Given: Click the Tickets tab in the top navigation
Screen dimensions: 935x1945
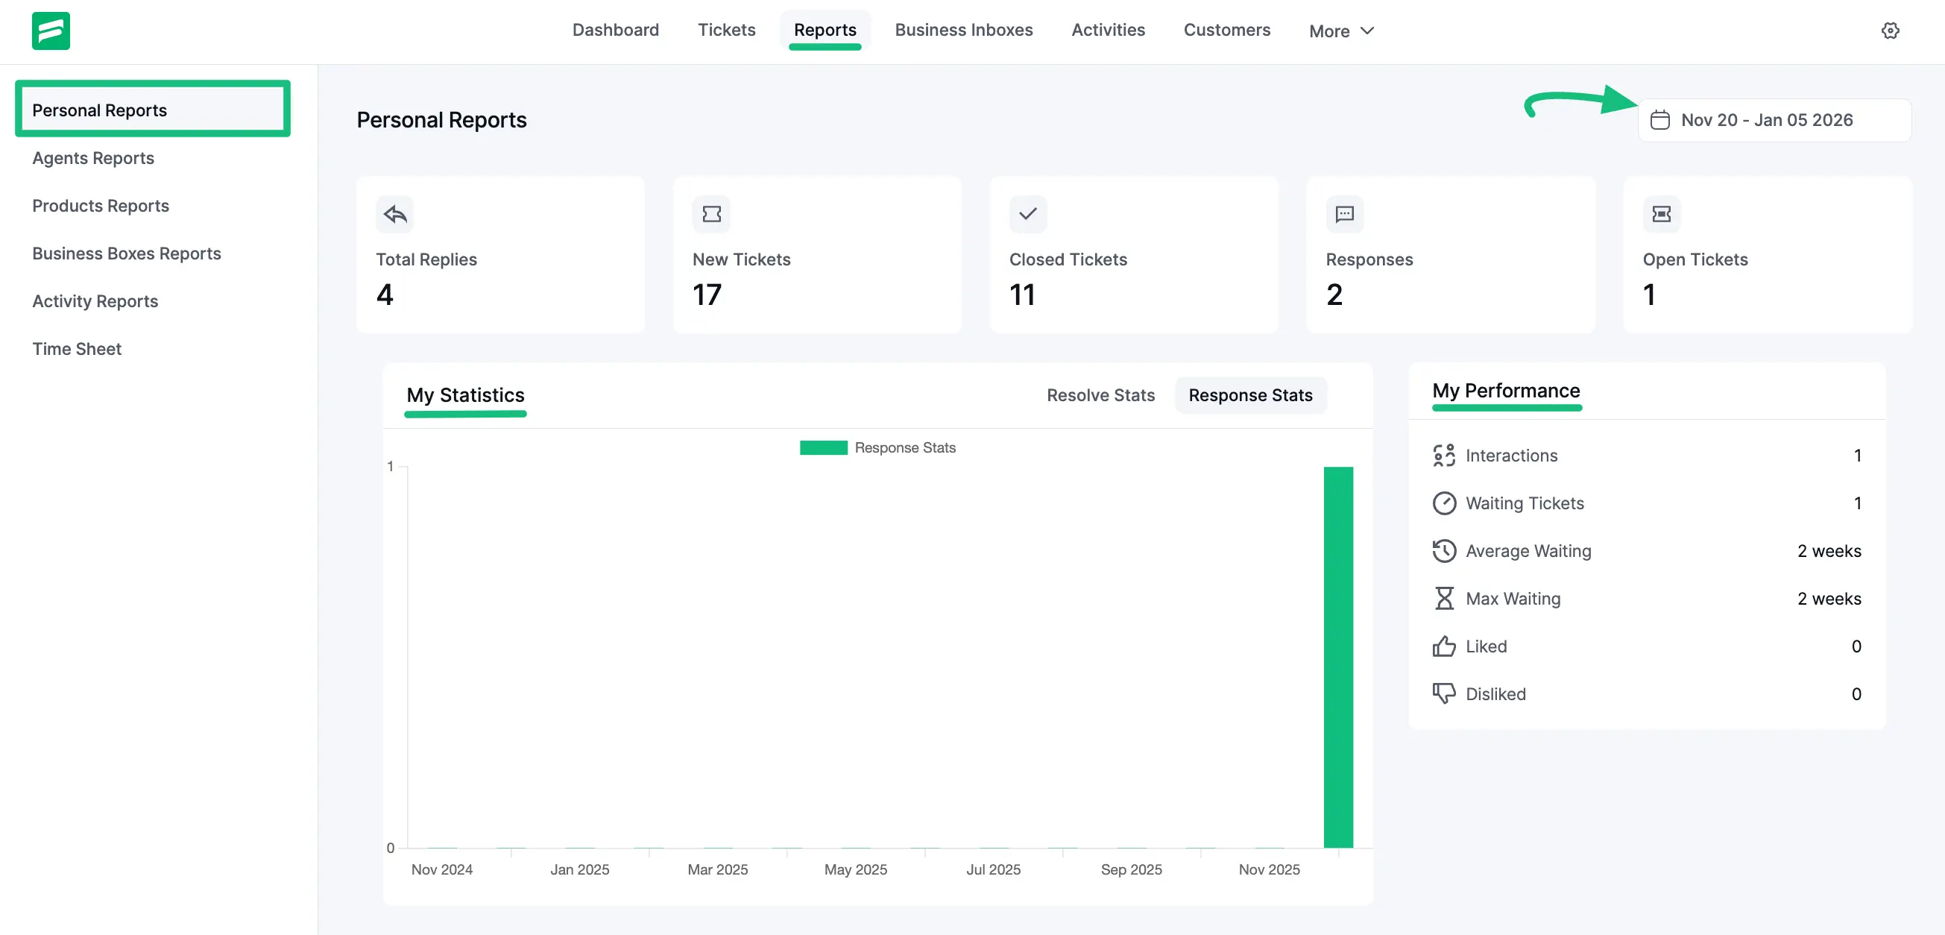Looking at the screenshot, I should pos(725,31).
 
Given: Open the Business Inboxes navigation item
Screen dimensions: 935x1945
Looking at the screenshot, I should pos(963,31).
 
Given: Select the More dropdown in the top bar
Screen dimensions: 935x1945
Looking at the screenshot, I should pos(1340,31).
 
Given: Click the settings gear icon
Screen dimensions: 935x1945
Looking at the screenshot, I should pos(1890,31).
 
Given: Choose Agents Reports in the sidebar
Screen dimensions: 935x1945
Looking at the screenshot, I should pos(93,158).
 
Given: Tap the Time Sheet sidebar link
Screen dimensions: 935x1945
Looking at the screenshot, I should pos(76,349).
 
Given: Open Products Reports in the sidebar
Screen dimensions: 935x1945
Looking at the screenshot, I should pos(101,206).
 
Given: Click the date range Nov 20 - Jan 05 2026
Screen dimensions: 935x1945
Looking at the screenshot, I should pos(1766,120).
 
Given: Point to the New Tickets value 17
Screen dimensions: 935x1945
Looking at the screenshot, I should pos(707,295).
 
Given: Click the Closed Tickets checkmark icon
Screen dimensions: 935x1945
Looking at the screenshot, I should pos(1027,214).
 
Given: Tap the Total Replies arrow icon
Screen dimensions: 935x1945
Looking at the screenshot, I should pos(394,214).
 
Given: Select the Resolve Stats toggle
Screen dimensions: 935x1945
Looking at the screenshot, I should pos(1100,395).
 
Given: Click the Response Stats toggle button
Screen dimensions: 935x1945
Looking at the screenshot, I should pos(1249,395).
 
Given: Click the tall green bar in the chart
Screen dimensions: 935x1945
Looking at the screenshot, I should pos(1338,656).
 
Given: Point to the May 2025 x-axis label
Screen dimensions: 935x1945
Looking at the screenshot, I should pos(856,869).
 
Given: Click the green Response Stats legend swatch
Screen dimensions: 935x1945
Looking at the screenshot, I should pos(823,448).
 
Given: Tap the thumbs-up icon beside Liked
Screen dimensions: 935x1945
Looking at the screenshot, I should pos(1443,646).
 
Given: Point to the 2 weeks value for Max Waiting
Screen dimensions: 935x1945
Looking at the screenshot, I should pos(1829,599).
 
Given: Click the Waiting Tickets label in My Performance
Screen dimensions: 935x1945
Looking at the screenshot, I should pos(1525,503).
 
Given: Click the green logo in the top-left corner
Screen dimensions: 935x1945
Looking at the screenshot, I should pos(51,31).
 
